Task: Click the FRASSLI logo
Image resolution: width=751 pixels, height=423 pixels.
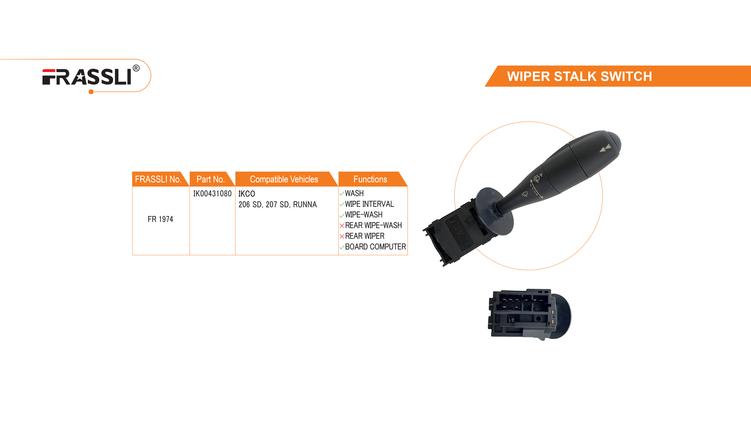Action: coord(87,77)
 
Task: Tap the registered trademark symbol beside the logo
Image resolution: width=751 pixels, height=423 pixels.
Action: coord(136,68)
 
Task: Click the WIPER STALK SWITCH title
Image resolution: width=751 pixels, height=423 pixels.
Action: coord(579,77)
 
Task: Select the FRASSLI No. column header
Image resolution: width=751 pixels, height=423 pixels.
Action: coord(158,179)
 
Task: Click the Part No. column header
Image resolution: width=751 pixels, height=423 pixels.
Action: coord(210,179)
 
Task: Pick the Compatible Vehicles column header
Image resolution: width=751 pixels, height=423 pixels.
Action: coord(284,179)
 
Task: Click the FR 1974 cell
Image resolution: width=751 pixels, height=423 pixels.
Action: coord(160,219)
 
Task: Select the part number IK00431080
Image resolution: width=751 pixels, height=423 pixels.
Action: coord(212,194)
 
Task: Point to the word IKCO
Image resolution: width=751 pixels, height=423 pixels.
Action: coord(247,194)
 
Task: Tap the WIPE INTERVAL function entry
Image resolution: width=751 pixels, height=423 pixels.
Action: coord(369,204)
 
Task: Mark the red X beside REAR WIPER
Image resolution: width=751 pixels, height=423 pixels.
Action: coord(342,236)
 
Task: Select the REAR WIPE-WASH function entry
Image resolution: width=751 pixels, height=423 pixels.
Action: coord(373,225)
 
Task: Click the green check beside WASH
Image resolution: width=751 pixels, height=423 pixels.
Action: coord(342,194)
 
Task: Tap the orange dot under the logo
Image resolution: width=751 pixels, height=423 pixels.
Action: coord(91,92)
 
